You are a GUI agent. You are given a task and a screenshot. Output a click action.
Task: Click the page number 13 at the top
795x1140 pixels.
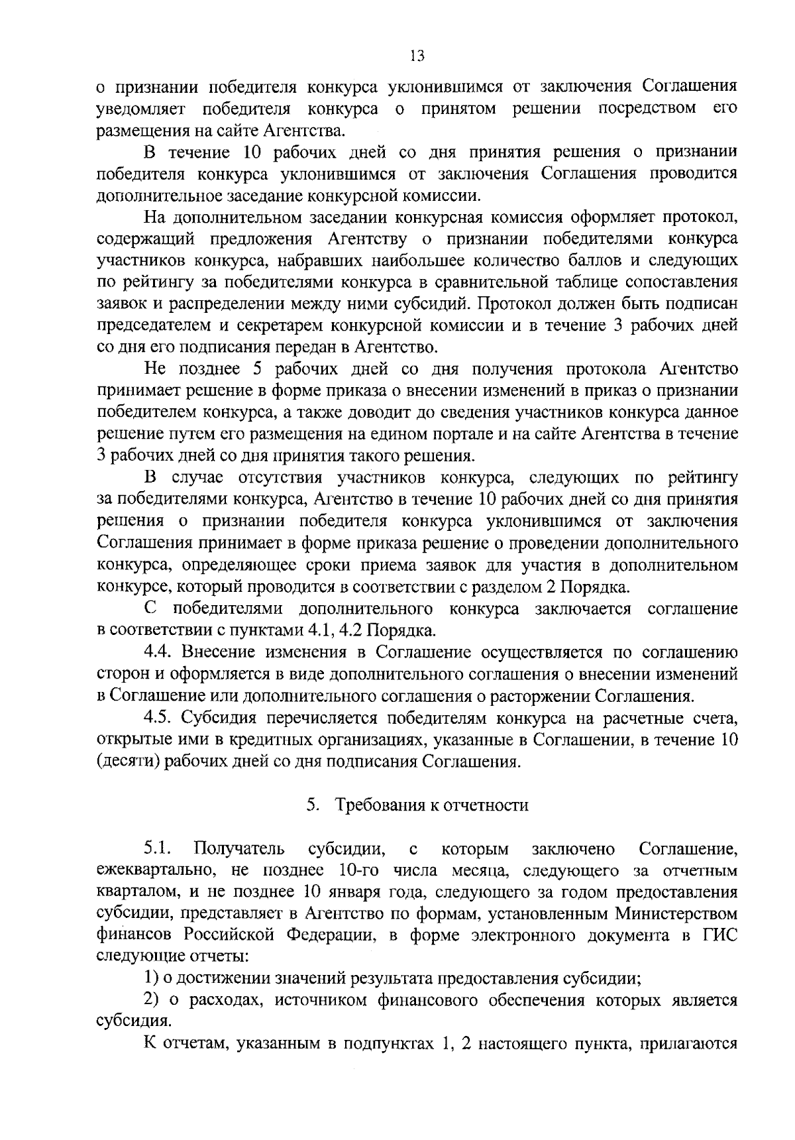tap(417, 56)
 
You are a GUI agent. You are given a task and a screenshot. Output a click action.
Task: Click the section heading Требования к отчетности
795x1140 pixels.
tap(432, 805)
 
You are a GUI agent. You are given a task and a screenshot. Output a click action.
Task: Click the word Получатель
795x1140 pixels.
tap(239, 848)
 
